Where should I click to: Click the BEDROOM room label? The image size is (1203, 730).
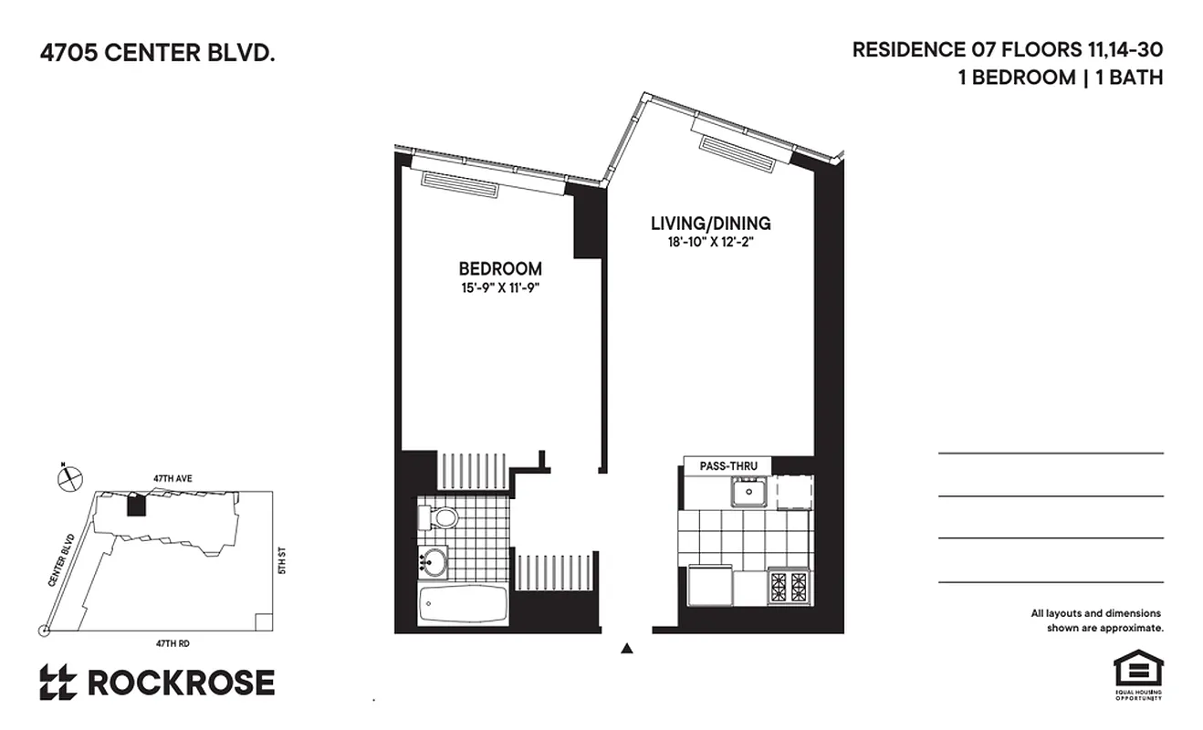(499, 269)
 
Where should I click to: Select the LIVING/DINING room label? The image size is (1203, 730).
(710, 224)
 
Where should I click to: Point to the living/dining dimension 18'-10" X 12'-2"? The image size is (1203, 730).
(710, 243)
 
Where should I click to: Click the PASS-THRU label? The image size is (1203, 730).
(725, 465)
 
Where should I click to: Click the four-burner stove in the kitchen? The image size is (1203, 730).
(788, 586)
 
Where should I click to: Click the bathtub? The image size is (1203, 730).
(463, 604)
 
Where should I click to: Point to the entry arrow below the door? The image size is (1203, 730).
(626, 649)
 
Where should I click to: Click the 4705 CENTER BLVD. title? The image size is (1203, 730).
(156, 54)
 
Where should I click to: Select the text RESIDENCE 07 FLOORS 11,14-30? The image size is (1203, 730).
(1007, 50)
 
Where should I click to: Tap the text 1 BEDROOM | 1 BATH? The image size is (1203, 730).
(1060, 78)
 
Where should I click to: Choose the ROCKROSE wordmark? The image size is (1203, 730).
(180, 683)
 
